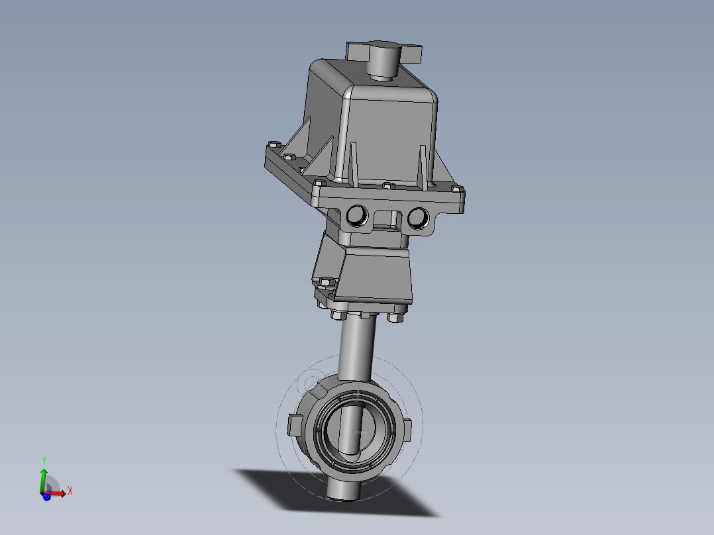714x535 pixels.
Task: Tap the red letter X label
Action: point(70,491)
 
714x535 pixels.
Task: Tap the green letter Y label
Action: point(44,460)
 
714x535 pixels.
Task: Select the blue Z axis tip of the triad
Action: point(46,497)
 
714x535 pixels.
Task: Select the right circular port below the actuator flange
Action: point(417,217)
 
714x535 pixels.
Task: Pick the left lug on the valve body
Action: point(295,424)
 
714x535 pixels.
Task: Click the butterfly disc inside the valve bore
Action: point(358,434)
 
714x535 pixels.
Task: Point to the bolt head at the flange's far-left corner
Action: point(272,145)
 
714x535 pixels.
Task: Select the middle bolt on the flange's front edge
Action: point(389,186)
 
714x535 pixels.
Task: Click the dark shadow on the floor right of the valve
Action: point(397,497)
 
